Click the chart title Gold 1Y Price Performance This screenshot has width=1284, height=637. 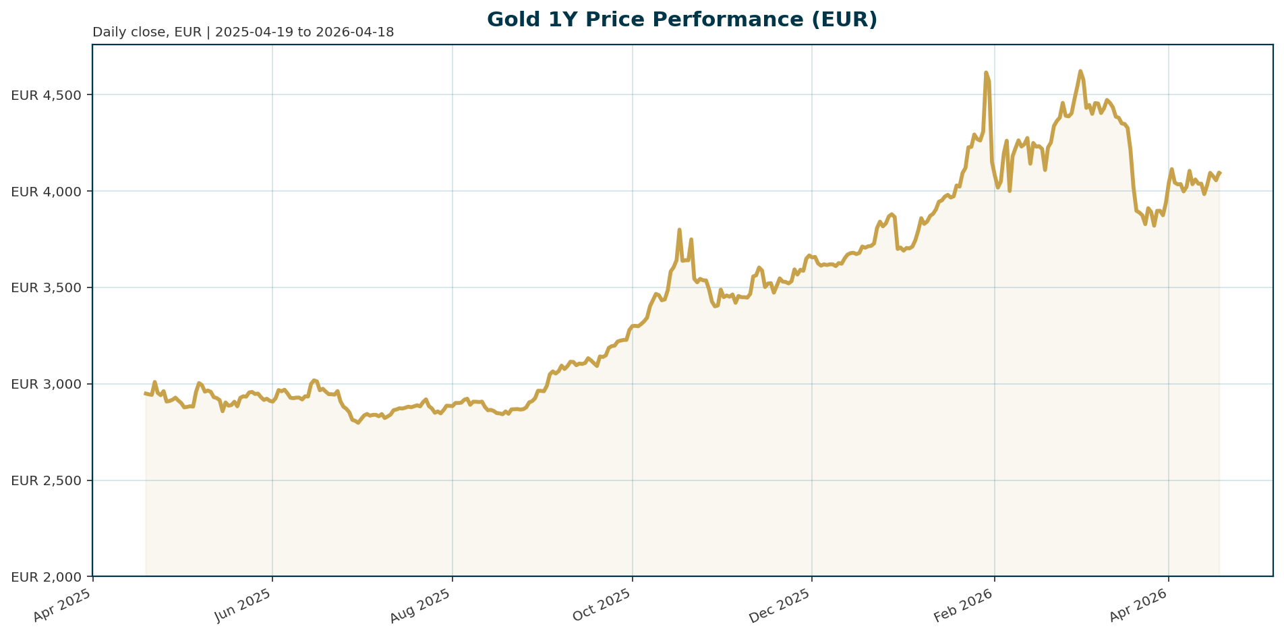click(x=682, y=20)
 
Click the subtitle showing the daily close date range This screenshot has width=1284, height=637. click(x=243, y=32)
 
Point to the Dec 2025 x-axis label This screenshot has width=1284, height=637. click(x=783, y=605)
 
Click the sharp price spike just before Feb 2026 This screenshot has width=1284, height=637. click(x=986, y=72)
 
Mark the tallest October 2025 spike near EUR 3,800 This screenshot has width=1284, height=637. click(x=679, y=229)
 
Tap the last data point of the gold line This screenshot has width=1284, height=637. click(x=1220, y=173)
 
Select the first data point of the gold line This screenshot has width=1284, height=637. click(x=146, y=393)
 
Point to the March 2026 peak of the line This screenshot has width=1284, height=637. click(x=1080, y=71)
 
